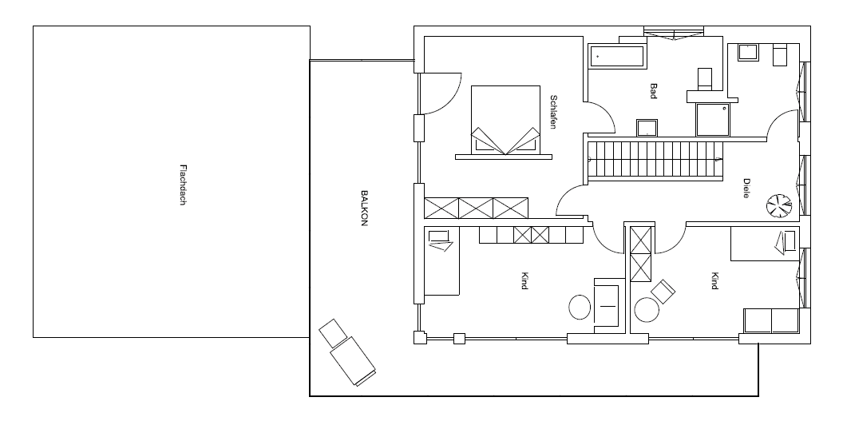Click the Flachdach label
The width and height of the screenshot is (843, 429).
[183, 185]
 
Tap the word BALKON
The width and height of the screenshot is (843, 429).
[364, 208]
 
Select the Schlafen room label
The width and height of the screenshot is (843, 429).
[553, 112]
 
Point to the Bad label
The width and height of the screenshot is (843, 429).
[654, 90]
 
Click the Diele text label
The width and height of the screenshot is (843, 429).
[746, 189]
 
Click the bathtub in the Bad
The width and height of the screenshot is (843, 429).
[617, 57]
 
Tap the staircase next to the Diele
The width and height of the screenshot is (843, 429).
[655, 159]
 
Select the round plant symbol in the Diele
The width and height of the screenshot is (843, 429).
[779, 206]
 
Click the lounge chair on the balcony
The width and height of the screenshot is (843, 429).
[347, 352]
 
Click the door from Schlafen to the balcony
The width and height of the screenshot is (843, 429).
[441, 93]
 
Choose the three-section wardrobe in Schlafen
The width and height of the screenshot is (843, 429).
[477, 209]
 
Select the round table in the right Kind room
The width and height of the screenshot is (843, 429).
[647, 310]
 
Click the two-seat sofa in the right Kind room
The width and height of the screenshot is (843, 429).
[771, 321]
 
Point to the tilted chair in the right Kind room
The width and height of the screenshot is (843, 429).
[663, 292]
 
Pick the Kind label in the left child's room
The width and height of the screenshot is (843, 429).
[524, 281]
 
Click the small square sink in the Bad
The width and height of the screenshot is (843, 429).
[647, 128]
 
